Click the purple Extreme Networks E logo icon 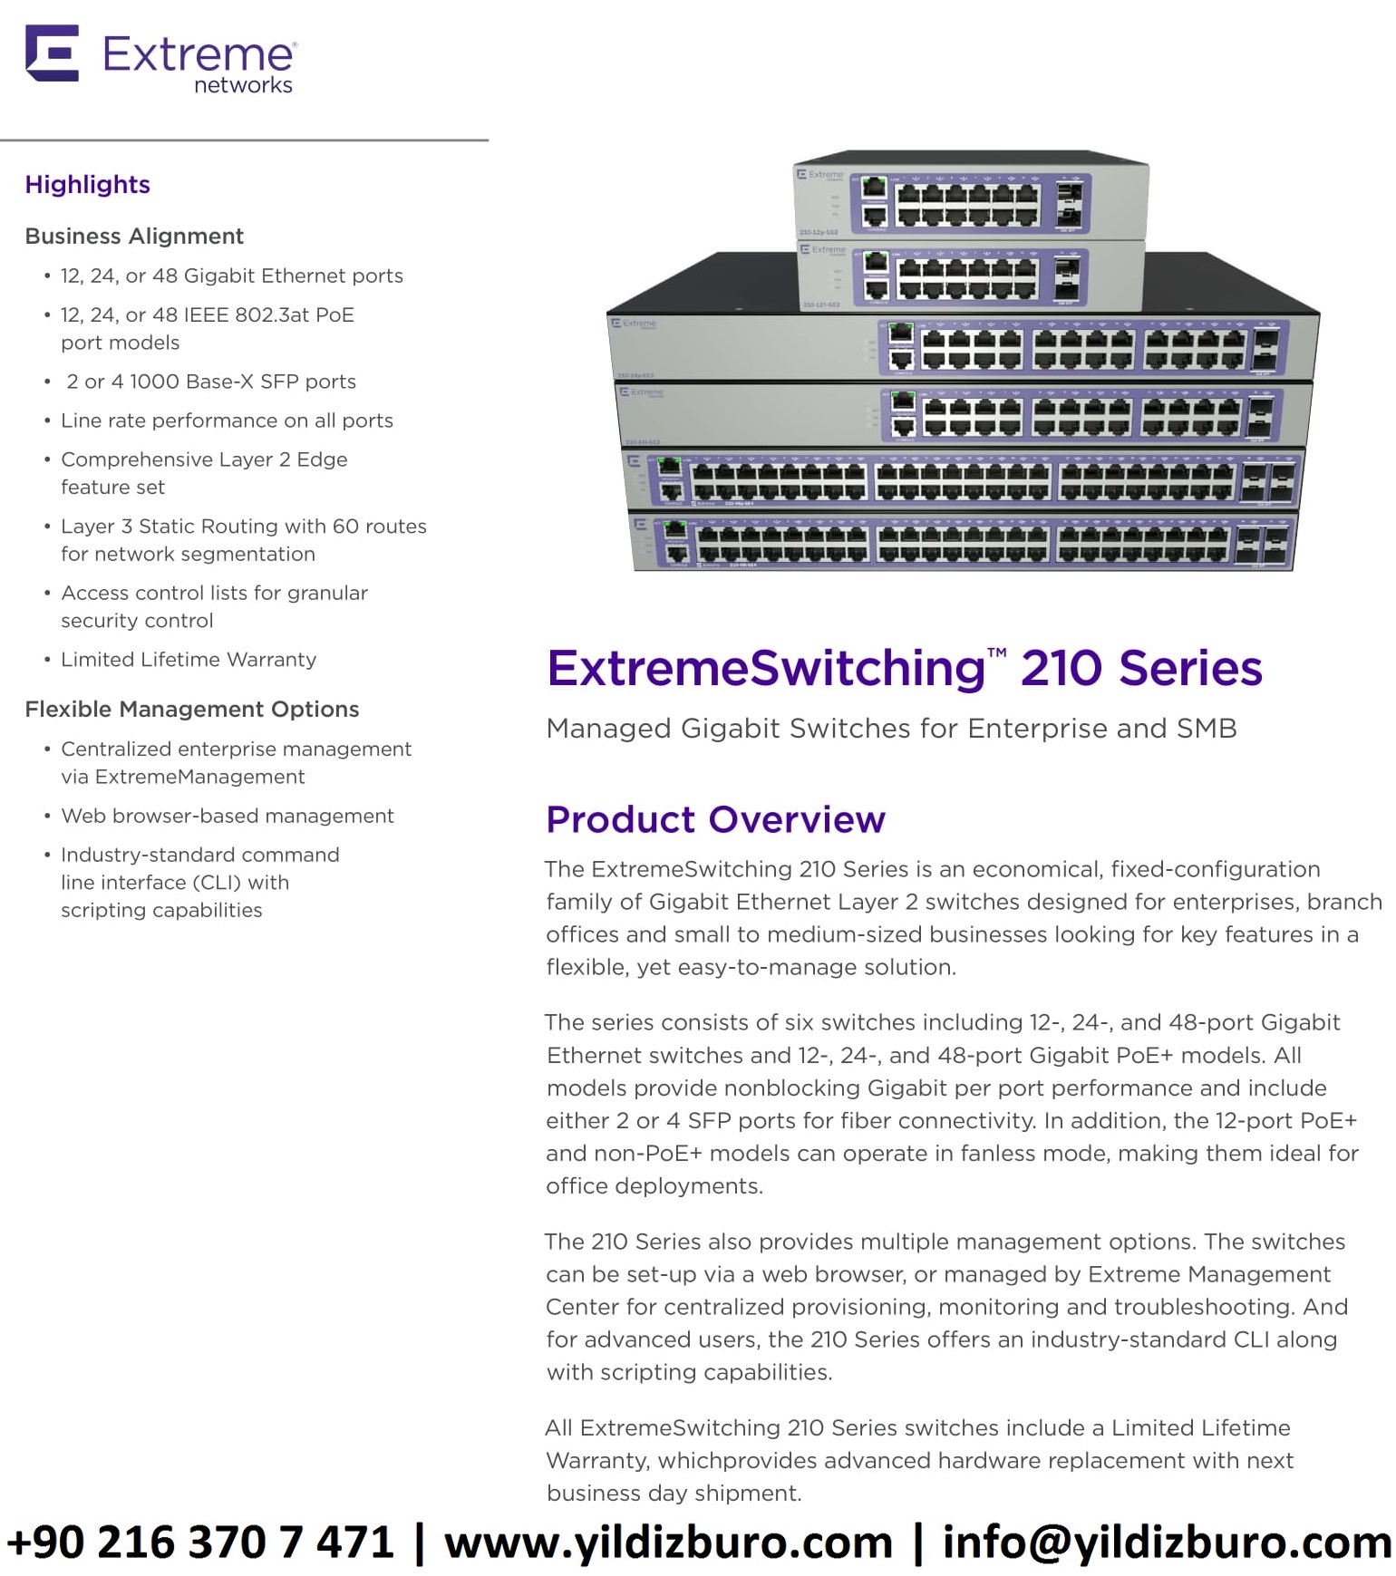[x=52, y=53]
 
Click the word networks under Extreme [x=243, y=85]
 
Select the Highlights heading [x=87, y=185]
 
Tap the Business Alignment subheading [x=134, y=237]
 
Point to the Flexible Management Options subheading [x=192, y=710]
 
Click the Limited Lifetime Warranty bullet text [x=189, y=660]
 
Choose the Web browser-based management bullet [x=227, y=817]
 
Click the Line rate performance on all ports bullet [x=227, y=421]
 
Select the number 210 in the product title [x=1061, y=669]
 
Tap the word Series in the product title [x=1190, y=669]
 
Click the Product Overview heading [x=715, y=819]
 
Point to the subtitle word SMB [x=1207, y=729]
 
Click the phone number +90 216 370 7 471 [x=200, y=1542]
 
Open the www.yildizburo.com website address [x=668, y=1542]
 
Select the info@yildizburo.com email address [x=1167, y=1542]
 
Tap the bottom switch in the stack [x=963, y=543]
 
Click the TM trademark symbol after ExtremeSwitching [x=996, y=653]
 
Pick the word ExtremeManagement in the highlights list [x=199, y=778]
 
